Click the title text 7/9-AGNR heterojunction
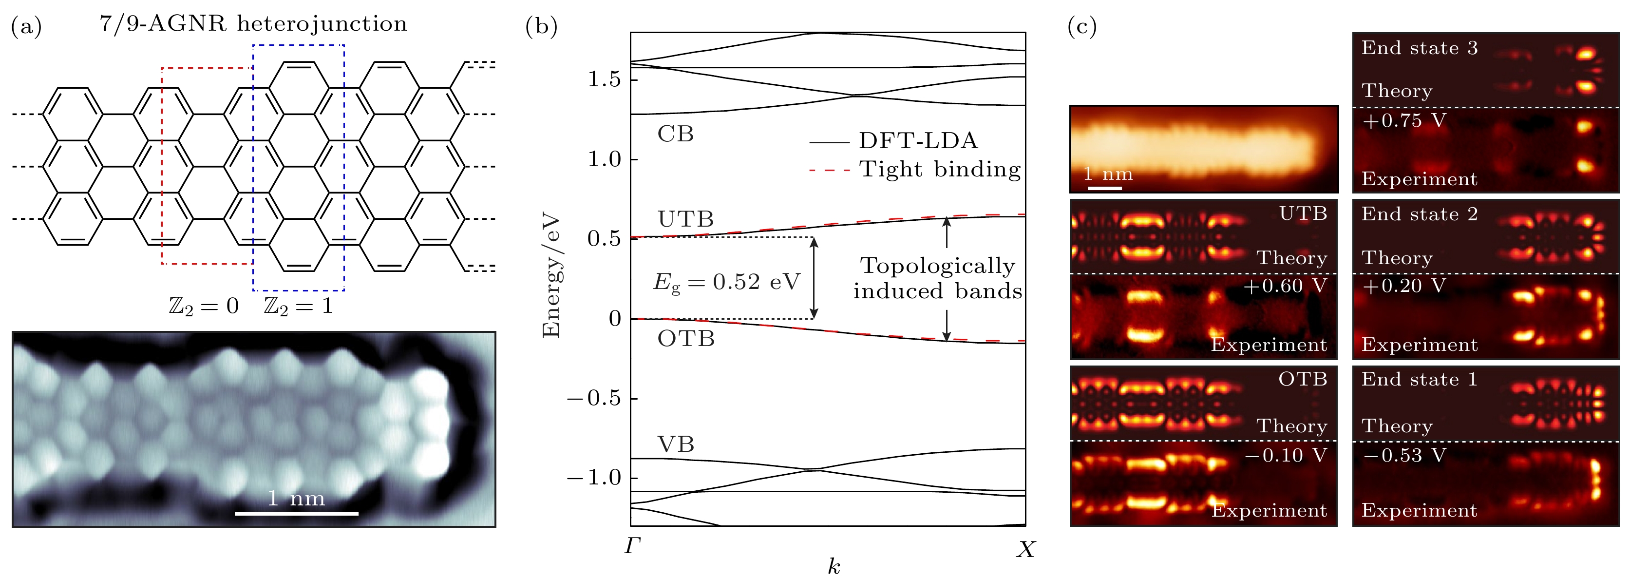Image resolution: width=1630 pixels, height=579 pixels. click(x=253, y=24)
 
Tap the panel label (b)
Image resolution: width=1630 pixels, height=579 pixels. click(x=541, y=27)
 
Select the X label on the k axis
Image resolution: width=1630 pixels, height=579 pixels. click(x=1026, y=550)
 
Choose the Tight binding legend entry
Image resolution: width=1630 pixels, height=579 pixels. click(x=940, y=170)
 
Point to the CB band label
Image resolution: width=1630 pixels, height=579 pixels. click(x=676, y=134)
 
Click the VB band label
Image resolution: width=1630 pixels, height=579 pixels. click(x=676, y=444)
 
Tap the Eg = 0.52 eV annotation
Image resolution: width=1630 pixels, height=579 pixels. click(x=726, y=282)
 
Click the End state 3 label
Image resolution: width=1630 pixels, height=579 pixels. click(x=1419, y=49)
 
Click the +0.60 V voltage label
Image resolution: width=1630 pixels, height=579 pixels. click(x=1285, y=287)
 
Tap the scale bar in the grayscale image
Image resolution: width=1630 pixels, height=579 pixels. click(x=296, y=513)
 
